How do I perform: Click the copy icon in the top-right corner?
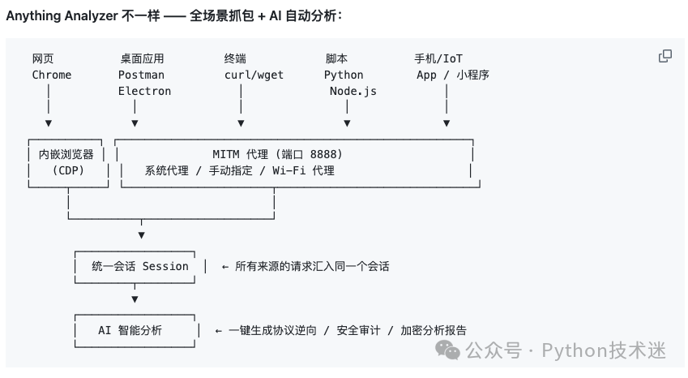(x=665, y=56)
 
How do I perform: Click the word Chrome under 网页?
(x=52, y=75)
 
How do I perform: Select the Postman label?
(x=141, y=75)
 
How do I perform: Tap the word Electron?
(x=145, y=91)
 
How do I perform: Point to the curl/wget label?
(x=254, y=75)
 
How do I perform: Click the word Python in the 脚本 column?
(x=344, y=75)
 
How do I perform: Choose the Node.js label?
(x=353, y=92)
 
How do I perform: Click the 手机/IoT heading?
(x=438, y=58)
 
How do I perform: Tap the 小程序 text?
(x=472, y=75)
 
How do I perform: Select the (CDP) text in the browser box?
(x=68, y=170)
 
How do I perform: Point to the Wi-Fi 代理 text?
(x=303, y=170)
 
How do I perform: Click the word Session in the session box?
(x=165, y=266)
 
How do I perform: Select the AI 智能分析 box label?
(x=130, y=330)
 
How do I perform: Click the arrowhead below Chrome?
(x=49, y=123)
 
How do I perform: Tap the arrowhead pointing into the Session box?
(x=141, y=235)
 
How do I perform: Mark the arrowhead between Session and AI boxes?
(x=135, y=299)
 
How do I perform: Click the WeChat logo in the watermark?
(x=447, y=350)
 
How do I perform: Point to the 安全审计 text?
(x=358, y=330)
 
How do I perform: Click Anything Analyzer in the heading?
(x=62, y=16)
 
